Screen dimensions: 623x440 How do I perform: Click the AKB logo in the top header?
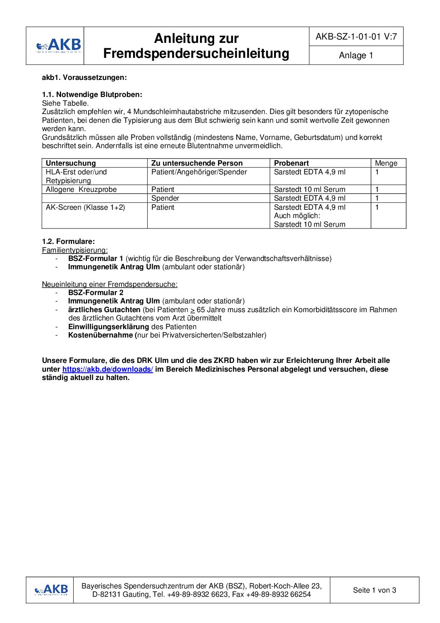pyautogui.click(x=59, y=46)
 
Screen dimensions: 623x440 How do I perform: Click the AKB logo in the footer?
pyautogui.click(x=52, y=590)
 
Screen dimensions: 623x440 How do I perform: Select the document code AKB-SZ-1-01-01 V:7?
pyautogui.click(x=356, y=37)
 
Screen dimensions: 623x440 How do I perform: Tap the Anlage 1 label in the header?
pyautogui.click(x=356, y=55)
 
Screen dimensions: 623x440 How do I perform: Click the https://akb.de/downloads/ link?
pyautogui.click(x=108, y=369)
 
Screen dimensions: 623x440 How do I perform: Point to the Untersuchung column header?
pyautogui.click(x=71, y=163)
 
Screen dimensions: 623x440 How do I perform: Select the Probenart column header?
pyautogui.click(x=291, y=163)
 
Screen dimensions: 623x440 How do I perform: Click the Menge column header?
pyautogui.click(x=386, y=163)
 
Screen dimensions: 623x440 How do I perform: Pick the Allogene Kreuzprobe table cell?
pyautogui.click(x=81, y=189)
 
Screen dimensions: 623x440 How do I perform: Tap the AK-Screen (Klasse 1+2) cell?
pyautogui.click(x=85, y=207)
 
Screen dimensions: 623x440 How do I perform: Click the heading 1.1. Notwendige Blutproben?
pyautogui.click(x=92, y=95)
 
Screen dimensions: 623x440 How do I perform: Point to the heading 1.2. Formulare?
pyautogui.click(x=69, y=241)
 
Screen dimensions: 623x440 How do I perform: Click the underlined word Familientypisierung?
pyautogui.click(x=75, y=250)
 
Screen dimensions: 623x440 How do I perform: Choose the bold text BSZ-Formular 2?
pyautogui.click(x=96, y=293)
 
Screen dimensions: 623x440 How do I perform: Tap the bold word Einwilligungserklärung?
pyautogui.click(x=109, y=327)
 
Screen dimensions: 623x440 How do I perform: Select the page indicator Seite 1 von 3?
pyautogui.click(x=374, y=590)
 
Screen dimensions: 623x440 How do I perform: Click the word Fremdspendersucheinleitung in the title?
pyautogui.click(x=196, y=54)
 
